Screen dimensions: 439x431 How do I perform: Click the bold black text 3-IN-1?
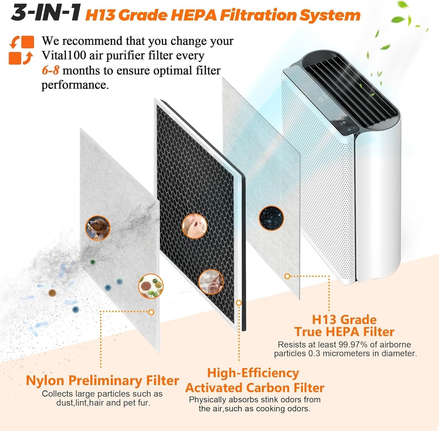point(46,13)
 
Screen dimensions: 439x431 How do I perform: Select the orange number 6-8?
point(50,70)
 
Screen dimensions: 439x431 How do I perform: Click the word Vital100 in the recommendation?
point(64,55)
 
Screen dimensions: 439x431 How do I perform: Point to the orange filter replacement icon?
point(21,50)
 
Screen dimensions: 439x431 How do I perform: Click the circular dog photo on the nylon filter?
point(98,228)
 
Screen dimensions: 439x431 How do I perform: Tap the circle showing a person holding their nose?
point(194,226)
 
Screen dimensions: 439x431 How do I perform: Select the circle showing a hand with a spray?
point(211,282)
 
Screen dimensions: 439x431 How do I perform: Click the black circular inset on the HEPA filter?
point(271,218)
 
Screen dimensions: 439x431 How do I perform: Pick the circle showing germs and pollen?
point(151,286)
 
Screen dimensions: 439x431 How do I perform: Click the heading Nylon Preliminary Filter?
point(102,381)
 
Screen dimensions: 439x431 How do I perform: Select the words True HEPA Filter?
point(344,332)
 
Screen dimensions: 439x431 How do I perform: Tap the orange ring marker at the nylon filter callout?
point(151,312)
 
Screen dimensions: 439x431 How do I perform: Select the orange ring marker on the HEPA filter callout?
point(287,276)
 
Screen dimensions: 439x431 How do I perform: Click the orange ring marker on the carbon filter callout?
point(239,303)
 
